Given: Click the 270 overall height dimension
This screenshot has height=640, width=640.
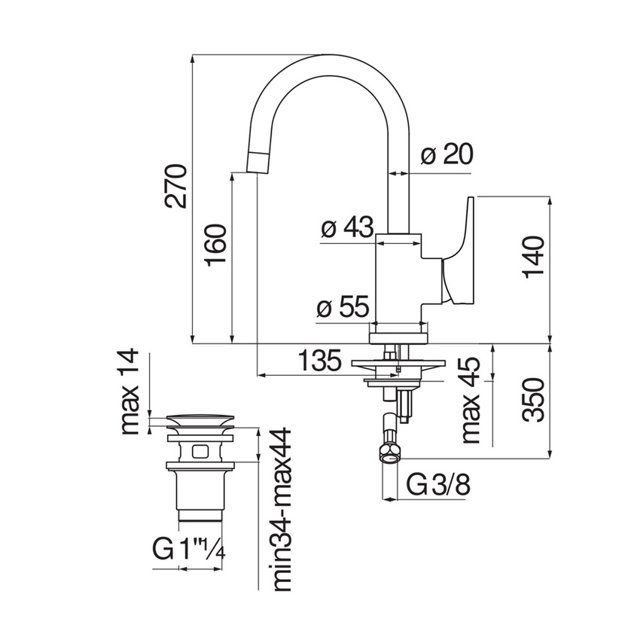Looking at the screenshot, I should pyautogui.click(x=175, y=185).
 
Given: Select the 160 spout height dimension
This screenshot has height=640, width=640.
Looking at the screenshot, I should pyautogui.click(x=214, y=244).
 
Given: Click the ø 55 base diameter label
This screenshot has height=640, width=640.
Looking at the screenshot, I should pyautogui.click(x=343, y=307).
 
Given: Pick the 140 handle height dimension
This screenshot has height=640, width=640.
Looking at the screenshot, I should pyautogui.click(x=534, y=256).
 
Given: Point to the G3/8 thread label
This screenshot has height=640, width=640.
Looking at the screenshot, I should pyautogui.click(x=439, y=485).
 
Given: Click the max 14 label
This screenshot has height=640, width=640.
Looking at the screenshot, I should pyautogui.click(x=130, y=392).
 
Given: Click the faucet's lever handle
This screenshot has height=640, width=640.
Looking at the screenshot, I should pyautogui.click(x=458, y=252).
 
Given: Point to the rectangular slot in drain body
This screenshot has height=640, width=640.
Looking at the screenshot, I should pyautogui.click(x=200, y=452).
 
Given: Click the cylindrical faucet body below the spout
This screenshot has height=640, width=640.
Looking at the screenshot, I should pyautogui.click(x=399, y=279).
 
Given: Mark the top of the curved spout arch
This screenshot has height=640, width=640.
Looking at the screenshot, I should pyautogui.click(x=328, y=59).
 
